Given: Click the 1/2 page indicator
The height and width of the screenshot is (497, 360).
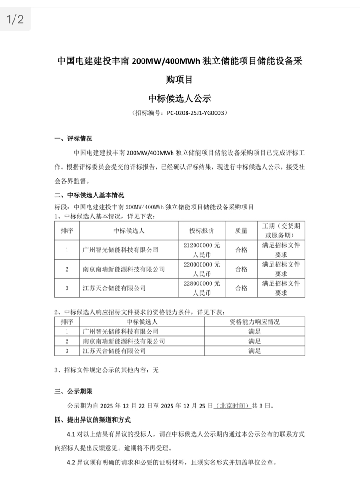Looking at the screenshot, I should tap(15, 19).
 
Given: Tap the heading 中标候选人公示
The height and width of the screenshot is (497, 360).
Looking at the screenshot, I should tap(180, 98).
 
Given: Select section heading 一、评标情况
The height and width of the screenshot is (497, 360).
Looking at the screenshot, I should tap(74, 139).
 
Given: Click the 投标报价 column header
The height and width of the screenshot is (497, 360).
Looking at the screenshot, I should tap(202, 230).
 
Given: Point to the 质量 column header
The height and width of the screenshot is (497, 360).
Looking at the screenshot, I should tap(241, 230).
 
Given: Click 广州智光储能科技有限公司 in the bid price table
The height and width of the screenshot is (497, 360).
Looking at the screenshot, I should tap(120, 250).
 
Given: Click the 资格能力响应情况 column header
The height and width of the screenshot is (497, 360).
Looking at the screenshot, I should tap(255, 322).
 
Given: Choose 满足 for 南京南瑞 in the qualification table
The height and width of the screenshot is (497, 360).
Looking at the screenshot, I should tap(255, 341).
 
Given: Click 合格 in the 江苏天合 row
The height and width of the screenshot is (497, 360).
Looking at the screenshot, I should tap(241, 288).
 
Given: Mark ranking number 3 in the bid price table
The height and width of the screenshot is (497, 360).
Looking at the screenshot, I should tap(67, 288).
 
